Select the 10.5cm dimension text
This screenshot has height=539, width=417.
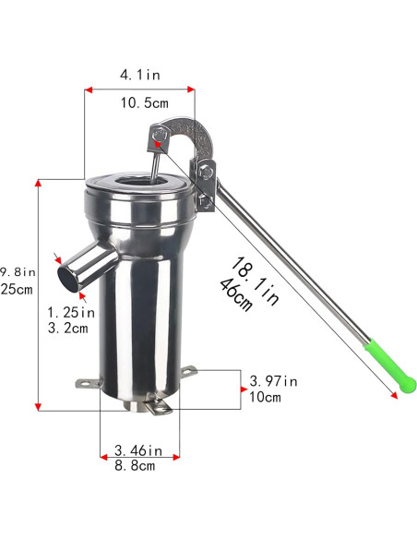[146, 102]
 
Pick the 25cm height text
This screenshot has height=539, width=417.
[17, 289]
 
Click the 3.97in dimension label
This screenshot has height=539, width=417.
[274, 380]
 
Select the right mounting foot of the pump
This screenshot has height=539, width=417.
[188, 371]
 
